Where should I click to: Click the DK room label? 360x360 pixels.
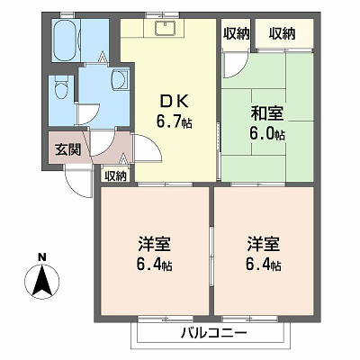pos(174,102)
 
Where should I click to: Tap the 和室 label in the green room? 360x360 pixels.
pos(267,113)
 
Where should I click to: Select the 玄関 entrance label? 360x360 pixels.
pos(68,149)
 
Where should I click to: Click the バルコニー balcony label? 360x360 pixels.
pos(214,333)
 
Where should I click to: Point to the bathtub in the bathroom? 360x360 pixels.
pos(65,40)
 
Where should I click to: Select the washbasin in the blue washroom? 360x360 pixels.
pos(120,79)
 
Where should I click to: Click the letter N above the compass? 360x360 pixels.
pos(41,256)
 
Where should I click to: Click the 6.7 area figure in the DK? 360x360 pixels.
pos(168,121)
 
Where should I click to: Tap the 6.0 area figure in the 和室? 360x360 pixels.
pos(262,134)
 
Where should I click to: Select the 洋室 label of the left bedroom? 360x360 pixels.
pos(155,245)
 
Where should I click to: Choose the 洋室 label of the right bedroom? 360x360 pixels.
pos(264,245)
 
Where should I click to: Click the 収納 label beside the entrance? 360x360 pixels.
pos(115,176)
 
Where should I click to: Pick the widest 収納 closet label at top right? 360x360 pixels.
pos(282,33)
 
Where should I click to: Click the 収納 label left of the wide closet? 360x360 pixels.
pos(237,33)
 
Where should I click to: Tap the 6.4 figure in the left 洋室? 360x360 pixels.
pos(149,265)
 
